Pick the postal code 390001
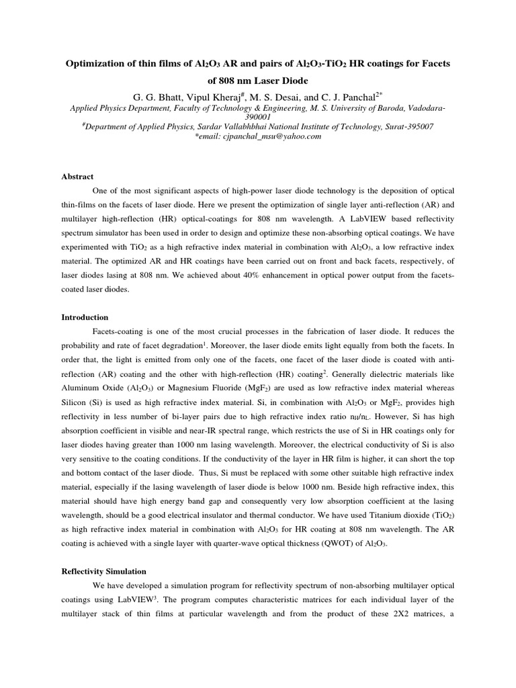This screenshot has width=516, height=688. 257,116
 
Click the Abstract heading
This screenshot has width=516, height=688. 77,177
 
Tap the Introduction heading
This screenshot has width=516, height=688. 85,317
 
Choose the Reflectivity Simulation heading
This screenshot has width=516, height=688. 104,571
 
